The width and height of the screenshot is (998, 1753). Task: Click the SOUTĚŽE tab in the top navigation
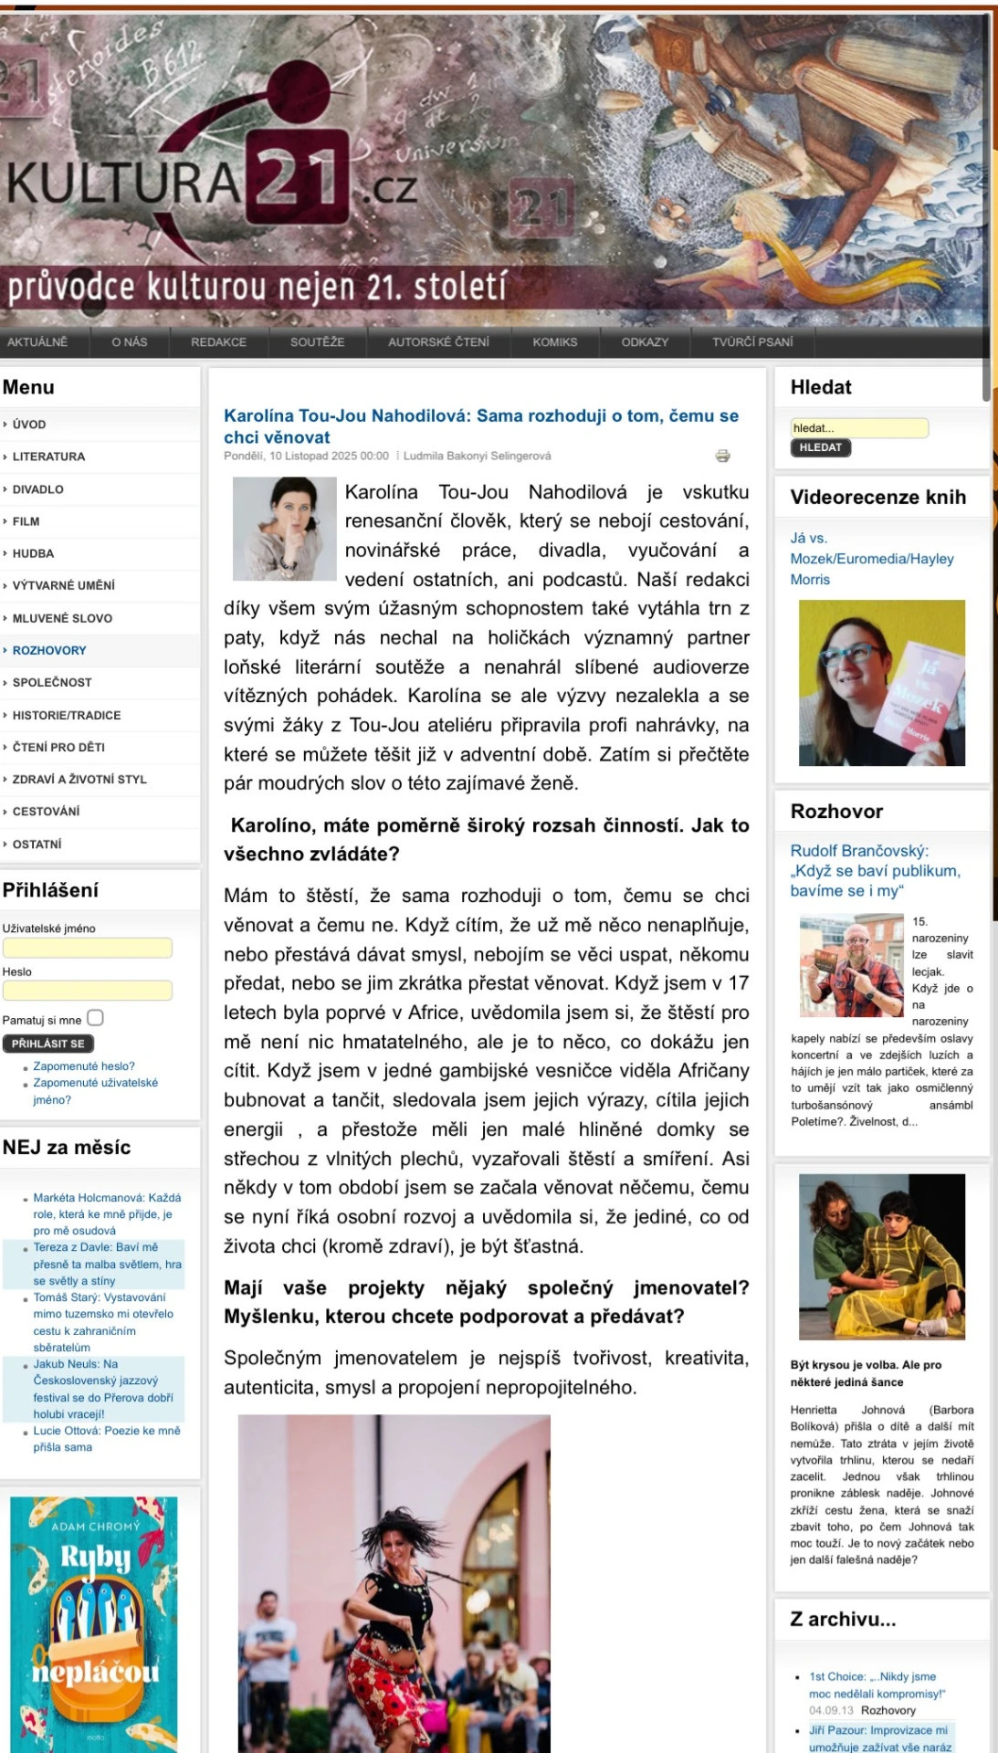coord(317,342)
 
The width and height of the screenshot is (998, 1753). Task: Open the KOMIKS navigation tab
coord(555,342)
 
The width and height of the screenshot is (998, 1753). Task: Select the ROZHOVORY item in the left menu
coord(49,650)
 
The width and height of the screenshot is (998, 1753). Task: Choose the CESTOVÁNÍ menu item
coord(46,811)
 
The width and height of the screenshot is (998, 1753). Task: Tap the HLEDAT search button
coord(820,447)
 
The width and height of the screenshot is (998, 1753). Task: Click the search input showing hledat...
coord(858,427)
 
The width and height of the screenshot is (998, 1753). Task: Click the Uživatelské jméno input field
coord(88,948)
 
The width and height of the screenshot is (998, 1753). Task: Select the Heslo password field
coord(88,991)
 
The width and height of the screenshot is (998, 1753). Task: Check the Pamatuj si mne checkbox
coord(95,1018)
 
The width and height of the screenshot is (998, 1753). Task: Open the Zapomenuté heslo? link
coord(84,1066)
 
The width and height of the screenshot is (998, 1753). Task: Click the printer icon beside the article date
coord(722,456)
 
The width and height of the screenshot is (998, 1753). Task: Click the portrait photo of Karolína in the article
coord(285,529)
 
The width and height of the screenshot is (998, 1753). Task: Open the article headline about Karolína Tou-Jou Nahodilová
coord(481,425)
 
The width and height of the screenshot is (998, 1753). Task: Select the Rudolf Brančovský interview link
coord(875,870)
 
